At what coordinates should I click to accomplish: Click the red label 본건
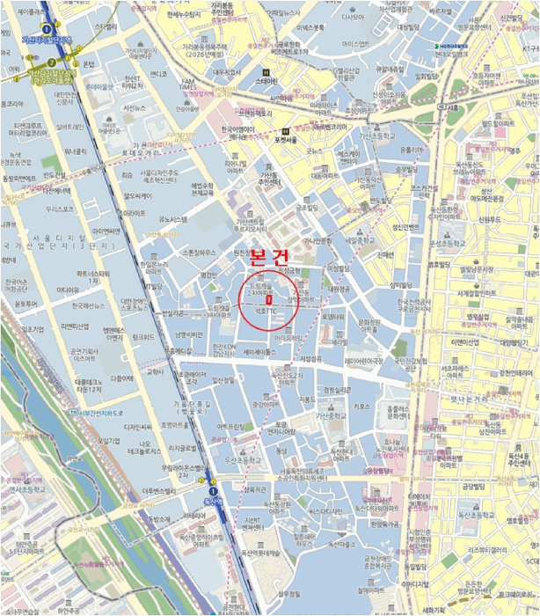click(x=270, y=257)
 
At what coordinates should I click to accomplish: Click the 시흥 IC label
click(x=452, y=106)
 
